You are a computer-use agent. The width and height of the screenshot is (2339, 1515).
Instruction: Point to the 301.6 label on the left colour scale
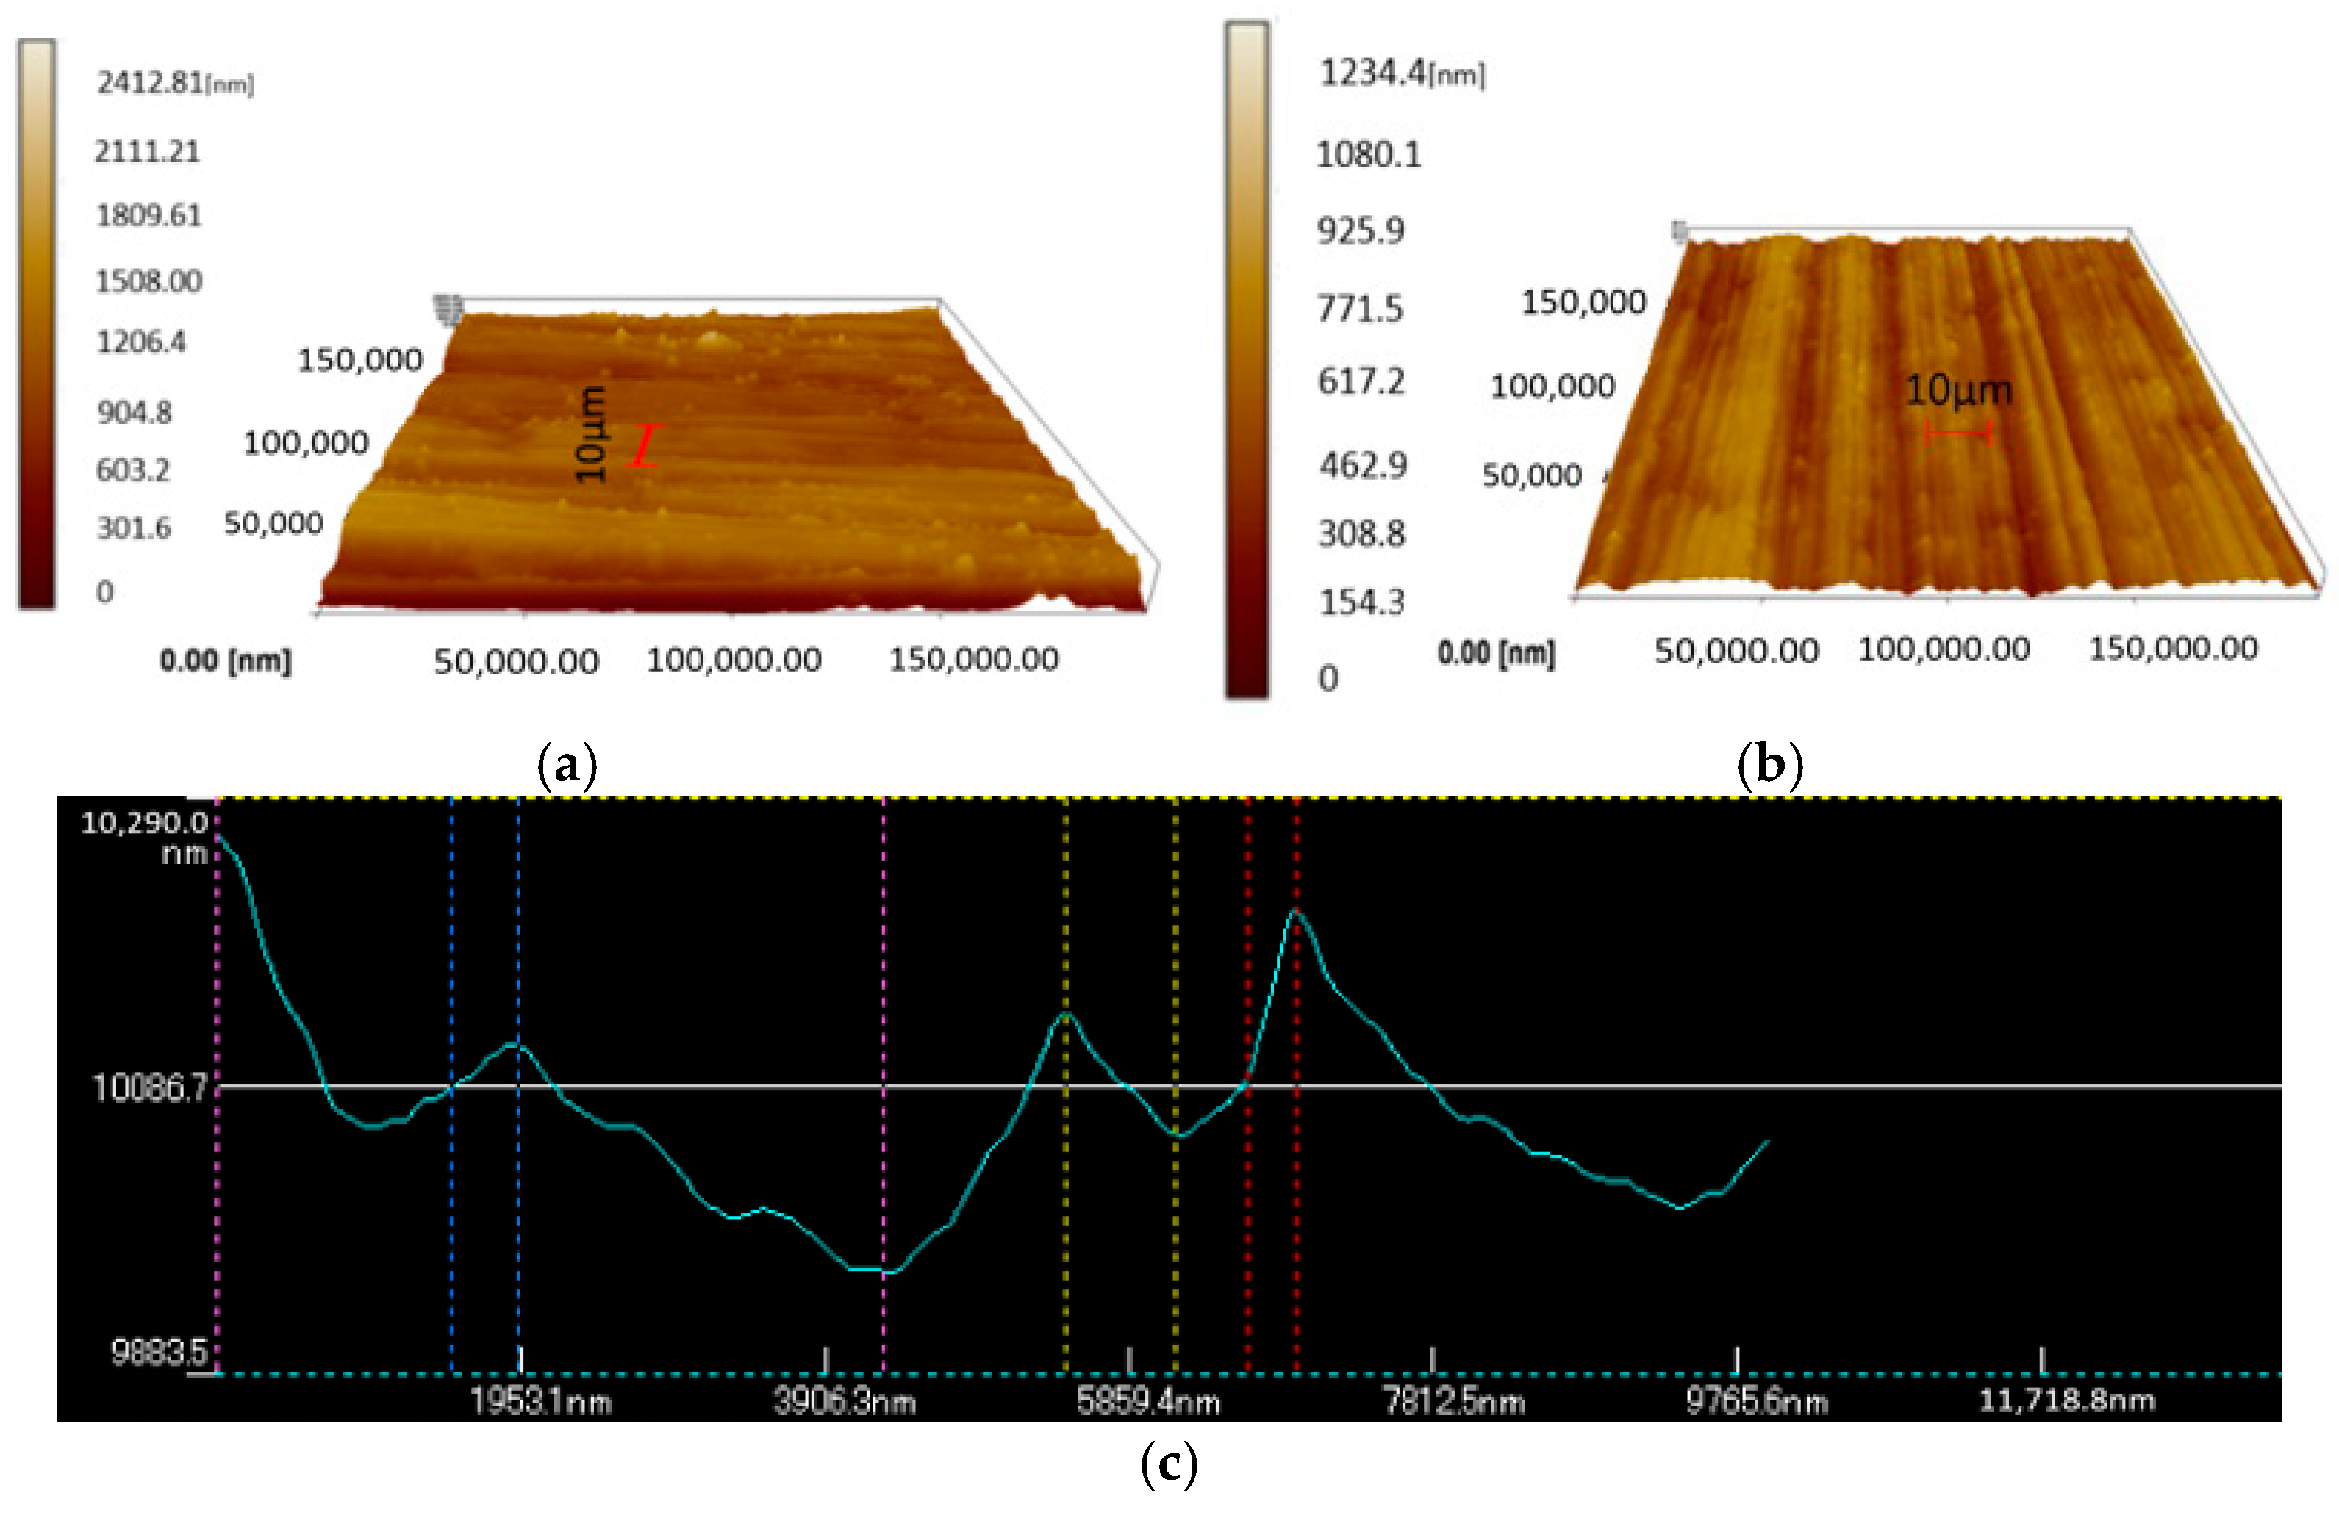pyautogui.click(x=134, y=528)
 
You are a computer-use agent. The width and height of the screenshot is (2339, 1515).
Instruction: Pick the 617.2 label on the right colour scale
pyautogui.click(x=1361, y=381)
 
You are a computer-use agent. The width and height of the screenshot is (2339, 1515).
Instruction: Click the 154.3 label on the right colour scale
pyautogui.click(x=1361, y=602)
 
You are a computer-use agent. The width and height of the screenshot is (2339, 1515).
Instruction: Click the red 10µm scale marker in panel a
pyautogui.click(x=645, y=445)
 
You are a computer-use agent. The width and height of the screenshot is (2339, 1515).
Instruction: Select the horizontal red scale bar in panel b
pyautogui.click(x=1957, y=431)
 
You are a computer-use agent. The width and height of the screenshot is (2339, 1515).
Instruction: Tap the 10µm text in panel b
pyautogui.click(x=1957, y=391)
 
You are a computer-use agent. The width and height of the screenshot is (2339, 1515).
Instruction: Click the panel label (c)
pyautogui.click(x=1169, y=1464)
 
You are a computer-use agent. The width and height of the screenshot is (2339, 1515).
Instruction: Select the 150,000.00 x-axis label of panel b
pyautogui.click(x=2172, y=649)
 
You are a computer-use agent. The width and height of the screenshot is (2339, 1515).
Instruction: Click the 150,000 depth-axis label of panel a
pyautogui.click(x=359, y=359)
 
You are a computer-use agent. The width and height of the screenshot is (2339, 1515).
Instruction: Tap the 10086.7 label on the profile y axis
pyautogui.click(x=149, y=1087)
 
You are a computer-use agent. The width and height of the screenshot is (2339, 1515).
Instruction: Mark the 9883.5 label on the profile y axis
pyautogui.click(x=160, y=1353)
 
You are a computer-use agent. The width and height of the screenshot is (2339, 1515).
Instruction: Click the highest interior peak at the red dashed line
pyautogui.click(x=1296, y=911)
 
